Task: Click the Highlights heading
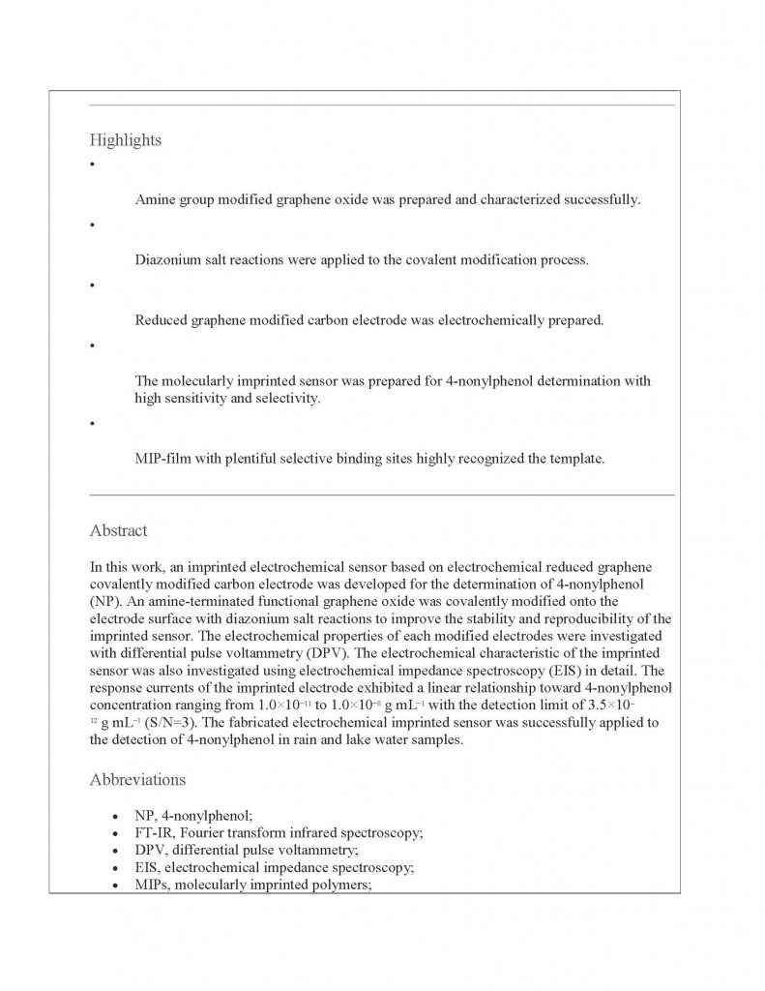tap(126, 140)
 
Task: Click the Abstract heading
tap(118, 530)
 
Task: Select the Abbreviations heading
tap(137, 779)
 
